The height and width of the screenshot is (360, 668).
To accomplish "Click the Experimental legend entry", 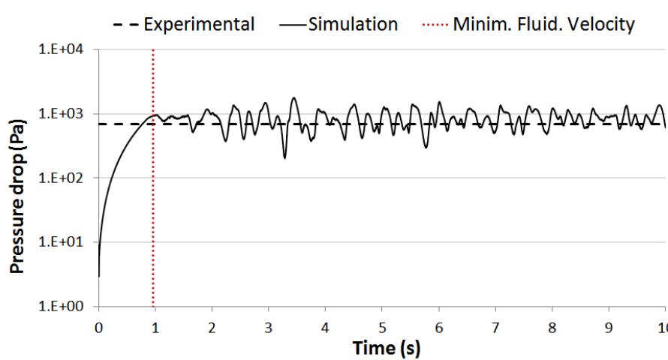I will point(199,24).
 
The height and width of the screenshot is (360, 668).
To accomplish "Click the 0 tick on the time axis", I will point(98,328).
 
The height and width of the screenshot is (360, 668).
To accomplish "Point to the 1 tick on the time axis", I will point(155,328).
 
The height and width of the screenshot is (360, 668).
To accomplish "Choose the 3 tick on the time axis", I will point(269,328).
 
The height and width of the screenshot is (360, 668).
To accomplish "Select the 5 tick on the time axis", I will point(382,328).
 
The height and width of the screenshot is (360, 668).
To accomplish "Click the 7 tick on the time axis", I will point(495,328).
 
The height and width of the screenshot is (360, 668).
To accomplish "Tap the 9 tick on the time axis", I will point(609,328).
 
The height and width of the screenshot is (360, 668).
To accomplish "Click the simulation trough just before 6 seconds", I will point(426,147).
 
